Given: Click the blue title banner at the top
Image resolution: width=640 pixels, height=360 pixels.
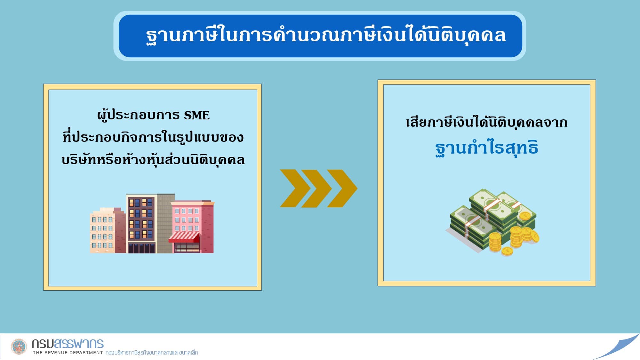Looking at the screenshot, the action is pos(320,36).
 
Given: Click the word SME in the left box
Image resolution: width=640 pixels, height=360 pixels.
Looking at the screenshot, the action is pos(196,115).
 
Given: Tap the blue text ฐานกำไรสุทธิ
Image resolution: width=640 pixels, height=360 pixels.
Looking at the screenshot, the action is pos(486,148).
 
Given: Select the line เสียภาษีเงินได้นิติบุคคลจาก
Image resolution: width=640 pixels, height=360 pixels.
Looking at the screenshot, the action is pos(486,122).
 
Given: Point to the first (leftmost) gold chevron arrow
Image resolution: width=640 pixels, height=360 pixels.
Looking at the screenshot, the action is pos(295,188).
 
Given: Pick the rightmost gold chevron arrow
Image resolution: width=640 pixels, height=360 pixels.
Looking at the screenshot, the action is pos(342,188).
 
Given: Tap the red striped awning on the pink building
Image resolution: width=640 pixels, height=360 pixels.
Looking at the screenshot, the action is pos(184,237).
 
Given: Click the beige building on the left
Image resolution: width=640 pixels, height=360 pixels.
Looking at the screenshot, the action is pos(107,230).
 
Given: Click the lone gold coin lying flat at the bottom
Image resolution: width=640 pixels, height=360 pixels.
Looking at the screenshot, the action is pos(507,252).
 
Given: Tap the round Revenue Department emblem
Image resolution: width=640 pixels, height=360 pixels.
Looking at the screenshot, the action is pos(19,347).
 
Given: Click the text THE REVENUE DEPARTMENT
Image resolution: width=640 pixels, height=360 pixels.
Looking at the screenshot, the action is pos(68,353).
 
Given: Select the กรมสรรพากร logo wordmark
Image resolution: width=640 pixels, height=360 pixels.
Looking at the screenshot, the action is pos(68,344).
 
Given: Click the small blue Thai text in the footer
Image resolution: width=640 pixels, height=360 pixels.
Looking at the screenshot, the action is pos(152,353).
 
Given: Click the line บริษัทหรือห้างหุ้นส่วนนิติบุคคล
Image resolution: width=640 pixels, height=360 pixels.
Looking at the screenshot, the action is pos(153,160).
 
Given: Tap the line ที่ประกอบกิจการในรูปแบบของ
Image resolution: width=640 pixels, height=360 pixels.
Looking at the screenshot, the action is pos(153,137).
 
